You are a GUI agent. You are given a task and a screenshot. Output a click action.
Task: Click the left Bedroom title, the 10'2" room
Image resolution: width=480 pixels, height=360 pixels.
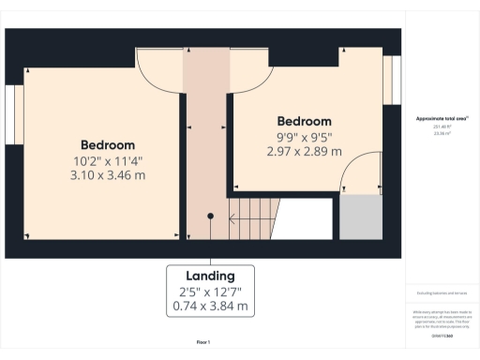107,145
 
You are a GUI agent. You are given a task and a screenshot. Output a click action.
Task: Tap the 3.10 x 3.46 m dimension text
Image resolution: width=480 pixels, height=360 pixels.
107,175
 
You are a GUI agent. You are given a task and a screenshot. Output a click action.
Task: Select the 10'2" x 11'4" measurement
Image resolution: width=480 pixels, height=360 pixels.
107,160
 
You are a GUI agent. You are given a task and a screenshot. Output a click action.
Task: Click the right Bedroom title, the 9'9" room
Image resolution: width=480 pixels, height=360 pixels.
305,121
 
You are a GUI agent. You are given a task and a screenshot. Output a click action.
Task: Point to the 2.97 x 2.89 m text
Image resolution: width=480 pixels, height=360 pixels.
305,151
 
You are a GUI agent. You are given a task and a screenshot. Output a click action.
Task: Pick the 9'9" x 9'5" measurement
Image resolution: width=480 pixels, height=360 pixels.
305,136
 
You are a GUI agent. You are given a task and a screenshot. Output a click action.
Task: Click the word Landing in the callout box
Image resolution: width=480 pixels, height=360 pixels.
210,276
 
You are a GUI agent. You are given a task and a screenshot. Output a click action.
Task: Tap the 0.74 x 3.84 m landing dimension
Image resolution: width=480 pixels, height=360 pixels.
210,306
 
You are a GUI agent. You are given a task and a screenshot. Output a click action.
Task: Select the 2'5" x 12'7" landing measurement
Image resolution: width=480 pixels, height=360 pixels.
210,291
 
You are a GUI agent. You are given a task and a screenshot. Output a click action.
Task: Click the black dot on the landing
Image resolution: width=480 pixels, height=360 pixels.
210,216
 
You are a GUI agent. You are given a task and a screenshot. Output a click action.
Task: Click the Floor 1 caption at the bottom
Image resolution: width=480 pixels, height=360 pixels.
202,342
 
